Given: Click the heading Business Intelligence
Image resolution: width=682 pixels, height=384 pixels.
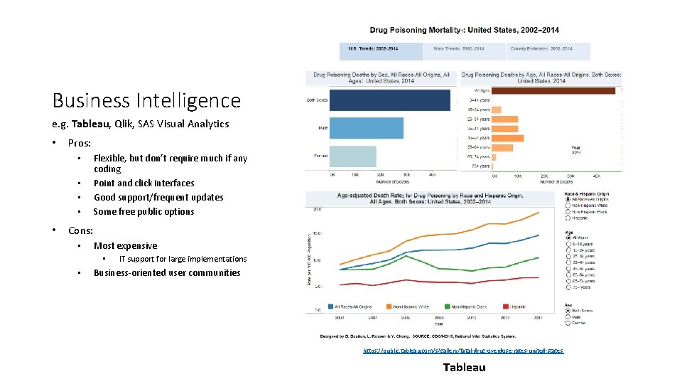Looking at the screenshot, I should (146, 100).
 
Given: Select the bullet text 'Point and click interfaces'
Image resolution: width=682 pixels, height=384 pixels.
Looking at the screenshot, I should (144, 183).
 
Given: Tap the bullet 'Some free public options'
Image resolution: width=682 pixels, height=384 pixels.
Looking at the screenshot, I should (144, 211).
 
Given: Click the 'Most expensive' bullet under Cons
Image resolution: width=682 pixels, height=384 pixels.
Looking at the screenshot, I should (125, 245).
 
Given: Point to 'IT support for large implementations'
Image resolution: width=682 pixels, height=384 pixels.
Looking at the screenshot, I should (183, 259).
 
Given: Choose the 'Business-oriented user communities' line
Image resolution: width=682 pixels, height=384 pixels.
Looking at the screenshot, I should (167, 272).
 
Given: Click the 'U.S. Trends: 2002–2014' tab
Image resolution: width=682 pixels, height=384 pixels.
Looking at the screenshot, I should (373, 48).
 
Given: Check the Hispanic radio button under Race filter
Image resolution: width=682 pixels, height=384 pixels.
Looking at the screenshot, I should (568, 218).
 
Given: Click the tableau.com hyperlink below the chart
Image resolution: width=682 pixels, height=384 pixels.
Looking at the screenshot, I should (463, 351).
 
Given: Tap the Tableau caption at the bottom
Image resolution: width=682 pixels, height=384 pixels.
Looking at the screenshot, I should (464, 367).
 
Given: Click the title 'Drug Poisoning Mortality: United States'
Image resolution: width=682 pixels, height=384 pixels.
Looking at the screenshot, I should (464, 30).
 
